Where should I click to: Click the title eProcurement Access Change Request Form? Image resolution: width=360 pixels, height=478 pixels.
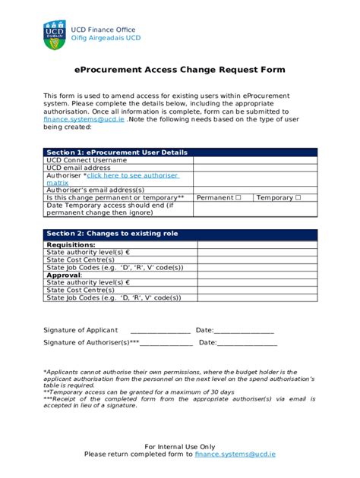tap(180, 70)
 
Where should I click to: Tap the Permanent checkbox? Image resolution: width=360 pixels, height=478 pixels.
tap(238, 197)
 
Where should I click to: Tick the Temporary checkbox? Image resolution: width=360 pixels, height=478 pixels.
tap(298, 197)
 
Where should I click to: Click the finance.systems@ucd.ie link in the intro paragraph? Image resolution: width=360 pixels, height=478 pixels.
tap(84, 120)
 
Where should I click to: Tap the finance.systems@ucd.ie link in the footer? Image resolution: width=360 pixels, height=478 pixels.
tap(235, 454)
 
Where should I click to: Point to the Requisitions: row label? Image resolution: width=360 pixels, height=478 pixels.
tap(71, 245)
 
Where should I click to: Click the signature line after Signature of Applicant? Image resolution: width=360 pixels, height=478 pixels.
tap(160, 331)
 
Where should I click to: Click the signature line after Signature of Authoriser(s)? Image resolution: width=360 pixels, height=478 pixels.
tap(166, 344)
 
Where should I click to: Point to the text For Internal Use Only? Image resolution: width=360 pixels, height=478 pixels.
tap(180, 446)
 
